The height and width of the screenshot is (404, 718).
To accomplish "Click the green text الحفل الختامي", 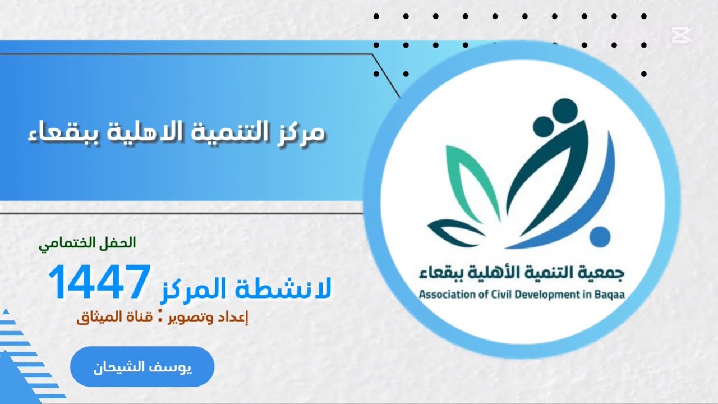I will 88,244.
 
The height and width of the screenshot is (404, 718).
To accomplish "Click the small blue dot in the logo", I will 600,236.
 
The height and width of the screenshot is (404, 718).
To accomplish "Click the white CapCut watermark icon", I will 682,35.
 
